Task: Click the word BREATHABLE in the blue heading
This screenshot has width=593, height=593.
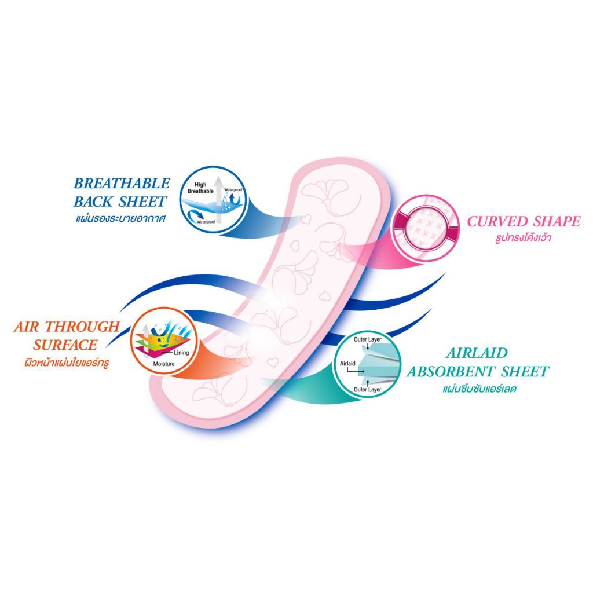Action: (122, 184)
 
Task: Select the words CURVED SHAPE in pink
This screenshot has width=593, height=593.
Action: (524, 221)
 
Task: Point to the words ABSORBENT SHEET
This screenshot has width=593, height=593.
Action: (478, 371)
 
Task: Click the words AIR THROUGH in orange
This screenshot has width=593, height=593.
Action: (66, 327)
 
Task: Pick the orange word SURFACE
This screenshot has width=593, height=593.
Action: (65, 345)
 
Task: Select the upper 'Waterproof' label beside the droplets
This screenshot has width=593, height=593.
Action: (234, 189)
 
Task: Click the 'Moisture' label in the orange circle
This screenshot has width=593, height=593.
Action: (164, 364)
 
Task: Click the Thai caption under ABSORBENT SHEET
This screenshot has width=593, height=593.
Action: (478, 389)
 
